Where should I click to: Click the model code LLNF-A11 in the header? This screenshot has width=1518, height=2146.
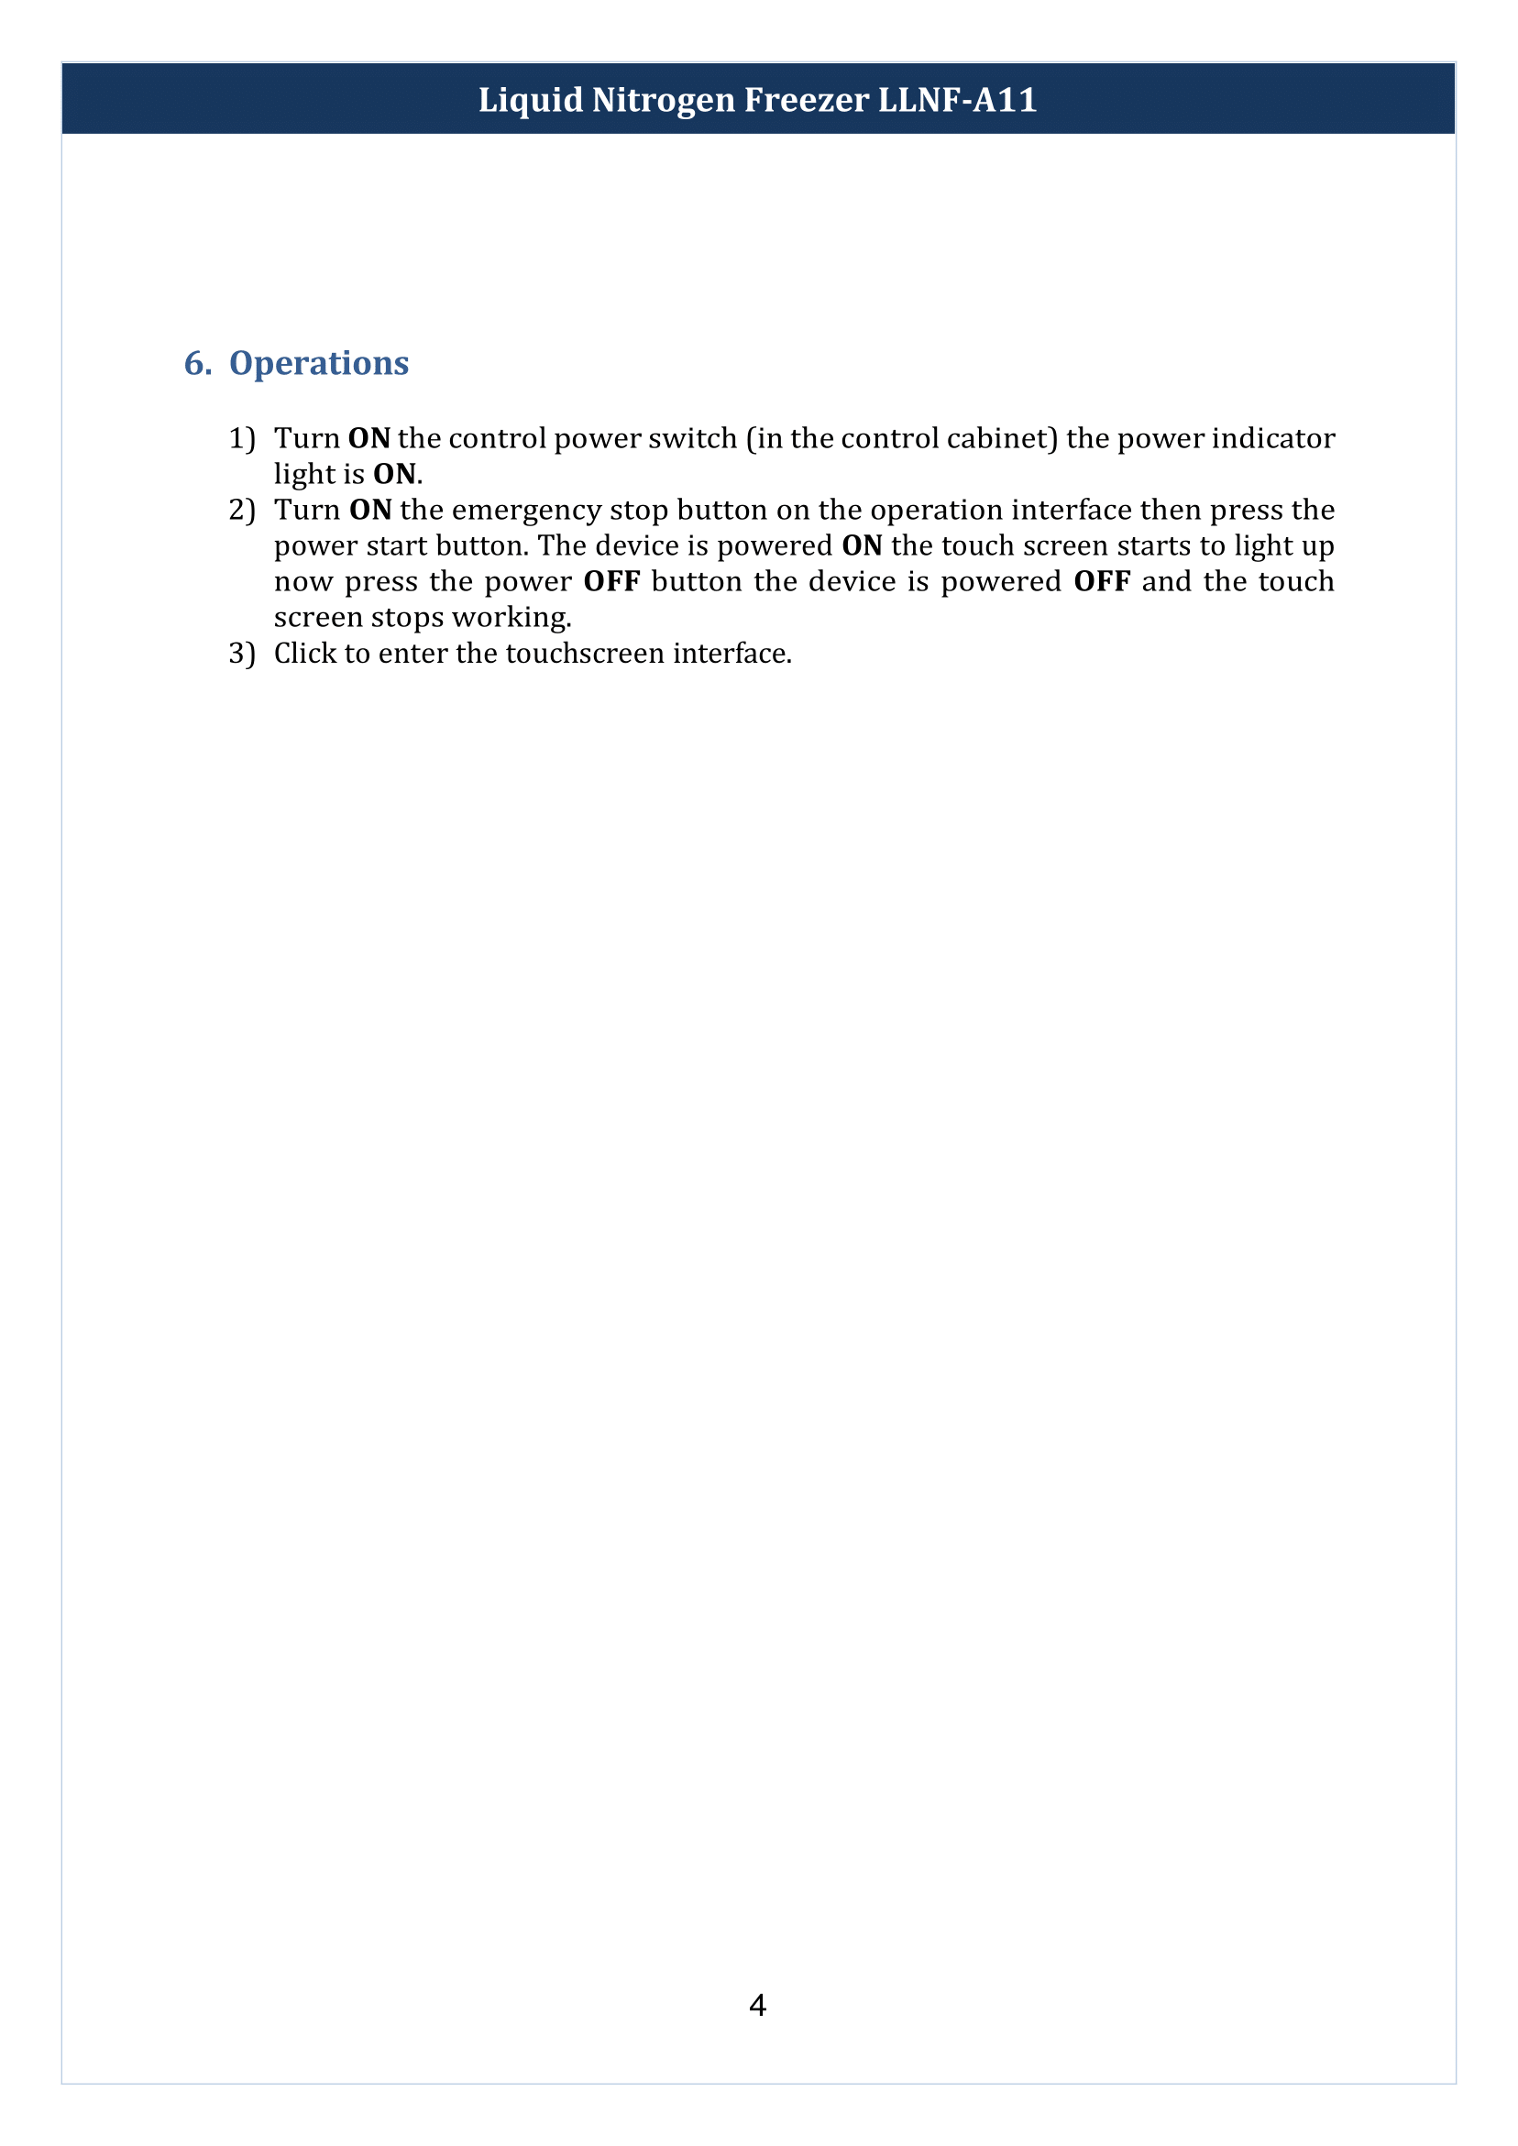(957, 100)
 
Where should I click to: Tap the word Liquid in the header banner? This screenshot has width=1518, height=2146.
(530, 100)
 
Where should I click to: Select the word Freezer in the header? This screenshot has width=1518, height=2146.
(806, 100)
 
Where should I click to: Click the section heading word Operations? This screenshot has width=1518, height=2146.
(319, 363)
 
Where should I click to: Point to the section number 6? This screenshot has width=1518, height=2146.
(197, 363)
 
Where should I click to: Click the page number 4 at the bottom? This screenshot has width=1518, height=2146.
(758, 2005)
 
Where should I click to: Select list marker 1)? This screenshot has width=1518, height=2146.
(242, 438)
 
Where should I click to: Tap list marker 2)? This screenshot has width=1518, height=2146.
(242, 511)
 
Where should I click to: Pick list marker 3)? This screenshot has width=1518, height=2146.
(242, 654)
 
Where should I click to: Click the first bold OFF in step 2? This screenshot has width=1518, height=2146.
(611, 581)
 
